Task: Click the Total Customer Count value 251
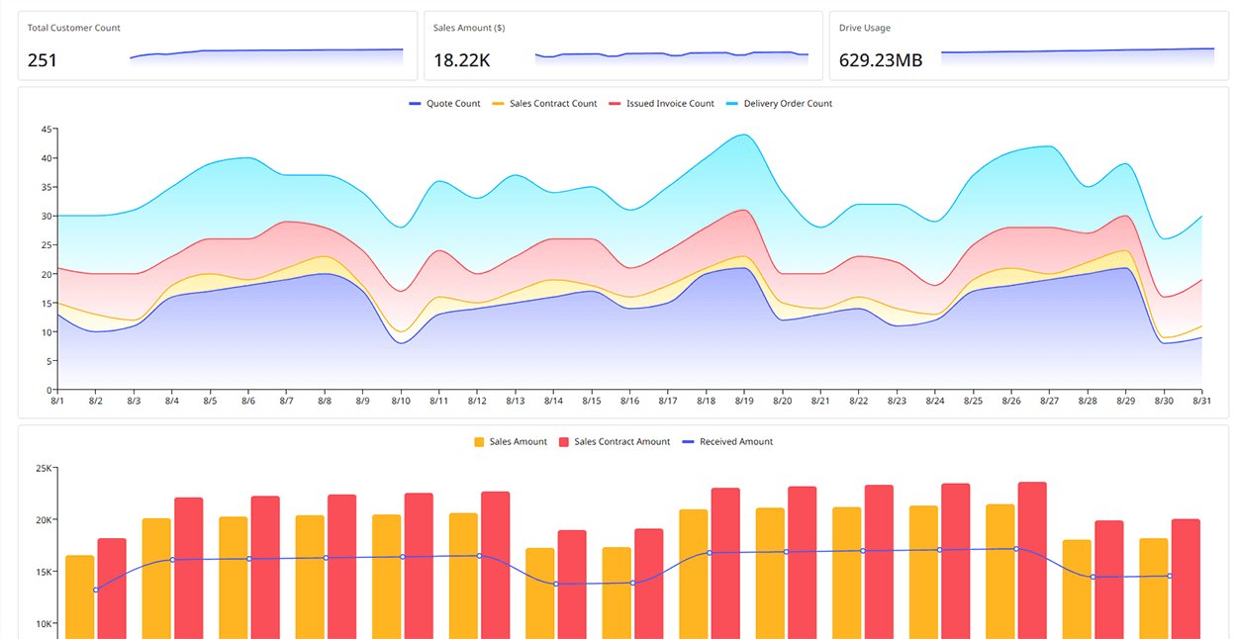(43, 60)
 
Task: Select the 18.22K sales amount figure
(461, 60)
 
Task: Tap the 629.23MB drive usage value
(881, 60)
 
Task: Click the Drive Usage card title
(865, 28)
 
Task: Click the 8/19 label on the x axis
(744, 401)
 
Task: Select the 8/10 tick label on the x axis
(401, 401)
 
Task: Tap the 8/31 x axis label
(1201, 401)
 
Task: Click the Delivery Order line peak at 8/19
(744, 135)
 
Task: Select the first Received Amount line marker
(96, 591)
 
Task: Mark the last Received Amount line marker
(1170, 576)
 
